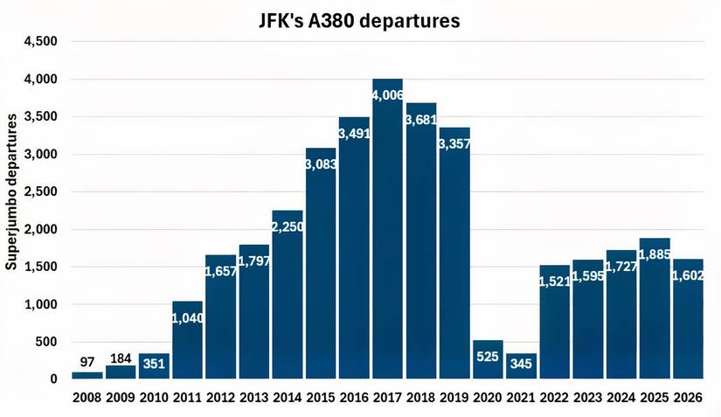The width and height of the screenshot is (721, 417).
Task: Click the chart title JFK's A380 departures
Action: [359, 20]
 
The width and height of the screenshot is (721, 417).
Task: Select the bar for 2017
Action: [387, 236]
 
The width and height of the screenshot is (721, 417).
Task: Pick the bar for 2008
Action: [87, 375]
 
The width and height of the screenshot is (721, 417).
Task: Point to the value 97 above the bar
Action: [87, 361]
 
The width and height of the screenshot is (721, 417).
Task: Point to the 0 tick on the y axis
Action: [53, 379]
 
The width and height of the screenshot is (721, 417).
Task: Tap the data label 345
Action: [521, 360]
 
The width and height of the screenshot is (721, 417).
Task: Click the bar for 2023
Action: [588, 323]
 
